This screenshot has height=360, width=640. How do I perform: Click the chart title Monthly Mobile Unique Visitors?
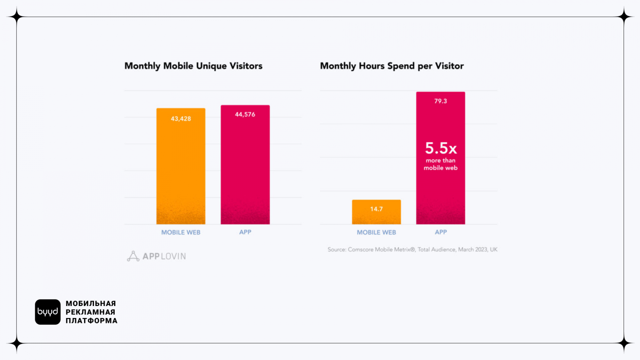(x=193, y=66)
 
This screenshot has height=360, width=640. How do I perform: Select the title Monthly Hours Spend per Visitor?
(x=392, y=66)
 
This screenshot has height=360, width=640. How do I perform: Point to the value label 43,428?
(x=181, y=119)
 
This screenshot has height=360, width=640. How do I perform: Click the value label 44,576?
(x=245, y=114)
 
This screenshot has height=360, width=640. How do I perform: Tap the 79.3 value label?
(x=440, y=101)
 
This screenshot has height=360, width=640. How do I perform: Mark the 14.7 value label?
(x=376, y=209)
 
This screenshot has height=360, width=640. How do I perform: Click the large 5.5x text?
(x=441, y=148)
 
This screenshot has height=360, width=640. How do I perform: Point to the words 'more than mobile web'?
(x=440, y=164)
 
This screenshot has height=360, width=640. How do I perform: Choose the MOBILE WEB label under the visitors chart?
(x=181, y=232)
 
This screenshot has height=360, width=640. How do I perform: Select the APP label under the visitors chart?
(x=245, y=232)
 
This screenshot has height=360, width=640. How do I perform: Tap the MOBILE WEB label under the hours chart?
(x=376, y=232)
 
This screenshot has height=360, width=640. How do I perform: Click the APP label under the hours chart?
(x=441, y=232)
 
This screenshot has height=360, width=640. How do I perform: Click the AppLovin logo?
(x=156, y=256)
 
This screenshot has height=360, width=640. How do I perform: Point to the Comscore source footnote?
(x=412, y=250)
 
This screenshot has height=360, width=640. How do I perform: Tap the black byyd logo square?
(x=48, y=312)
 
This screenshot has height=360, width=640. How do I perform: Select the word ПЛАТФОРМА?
(x=92, y=321)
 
